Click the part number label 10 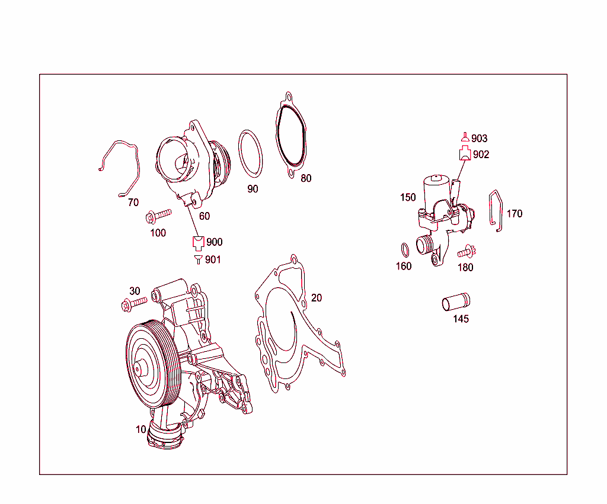140,429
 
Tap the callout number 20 317,298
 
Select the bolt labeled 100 158,216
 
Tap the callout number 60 204,216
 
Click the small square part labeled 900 198,242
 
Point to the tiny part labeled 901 198,259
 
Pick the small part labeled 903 465,137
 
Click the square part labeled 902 465,155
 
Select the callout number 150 408,198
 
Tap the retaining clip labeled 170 496,210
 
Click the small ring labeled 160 404,248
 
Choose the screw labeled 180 467,251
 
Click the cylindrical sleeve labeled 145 455,301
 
